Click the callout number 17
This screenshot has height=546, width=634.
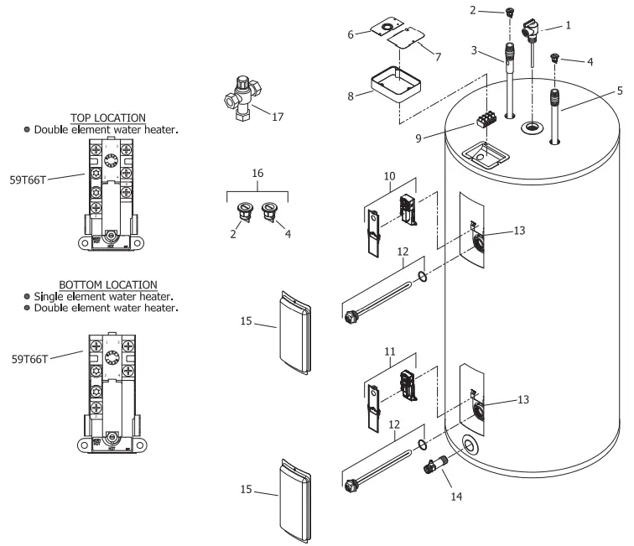click(278, 117)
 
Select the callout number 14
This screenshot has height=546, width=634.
click(456, 496)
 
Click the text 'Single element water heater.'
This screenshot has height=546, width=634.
click(106, 297)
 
